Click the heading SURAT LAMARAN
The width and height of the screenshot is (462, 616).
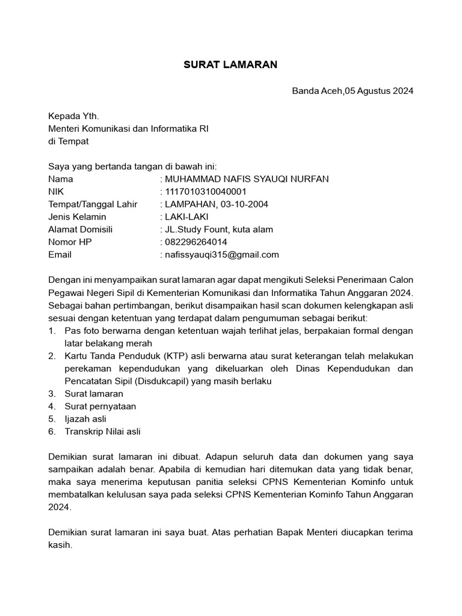coord(230,65)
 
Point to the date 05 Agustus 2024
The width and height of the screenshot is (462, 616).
coord(379,91)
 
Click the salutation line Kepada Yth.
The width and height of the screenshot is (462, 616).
coord(73,116)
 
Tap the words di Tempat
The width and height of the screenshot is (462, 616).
coord(68,141)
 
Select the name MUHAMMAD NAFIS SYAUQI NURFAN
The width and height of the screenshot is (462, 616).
coord(247,179)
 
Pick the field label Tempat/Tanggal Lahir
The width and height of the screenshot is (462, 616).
coord(93,205)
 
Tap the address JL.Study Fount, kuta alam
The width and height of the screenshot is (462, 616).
coord(219,230)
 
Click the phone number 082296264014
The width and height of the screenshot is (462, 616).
coord(196,242)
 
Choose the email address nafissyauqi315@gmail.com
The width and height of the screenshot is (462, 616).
coord(222,255)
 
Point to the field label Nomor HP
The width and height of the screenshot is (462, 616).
coord(70,242)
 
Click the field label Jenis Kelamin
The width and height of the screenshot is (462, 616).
coord(77,217)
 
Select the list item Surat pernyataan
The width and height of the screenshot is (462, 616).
coord(100,407)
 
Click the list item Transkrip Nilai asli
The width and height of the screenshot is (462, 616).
coord(102,432)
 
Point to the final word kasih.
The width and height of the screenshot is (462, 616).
coord(60,545)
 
